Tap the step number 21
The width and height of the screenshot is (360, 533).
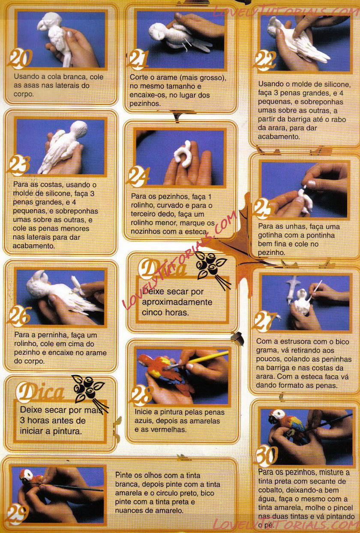(x=138, y=60)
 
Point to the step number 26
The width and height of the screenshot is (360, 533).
(x=20, y=316)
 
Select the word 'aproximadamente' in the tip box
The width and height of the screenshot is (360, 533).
(x=177, y=302)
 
